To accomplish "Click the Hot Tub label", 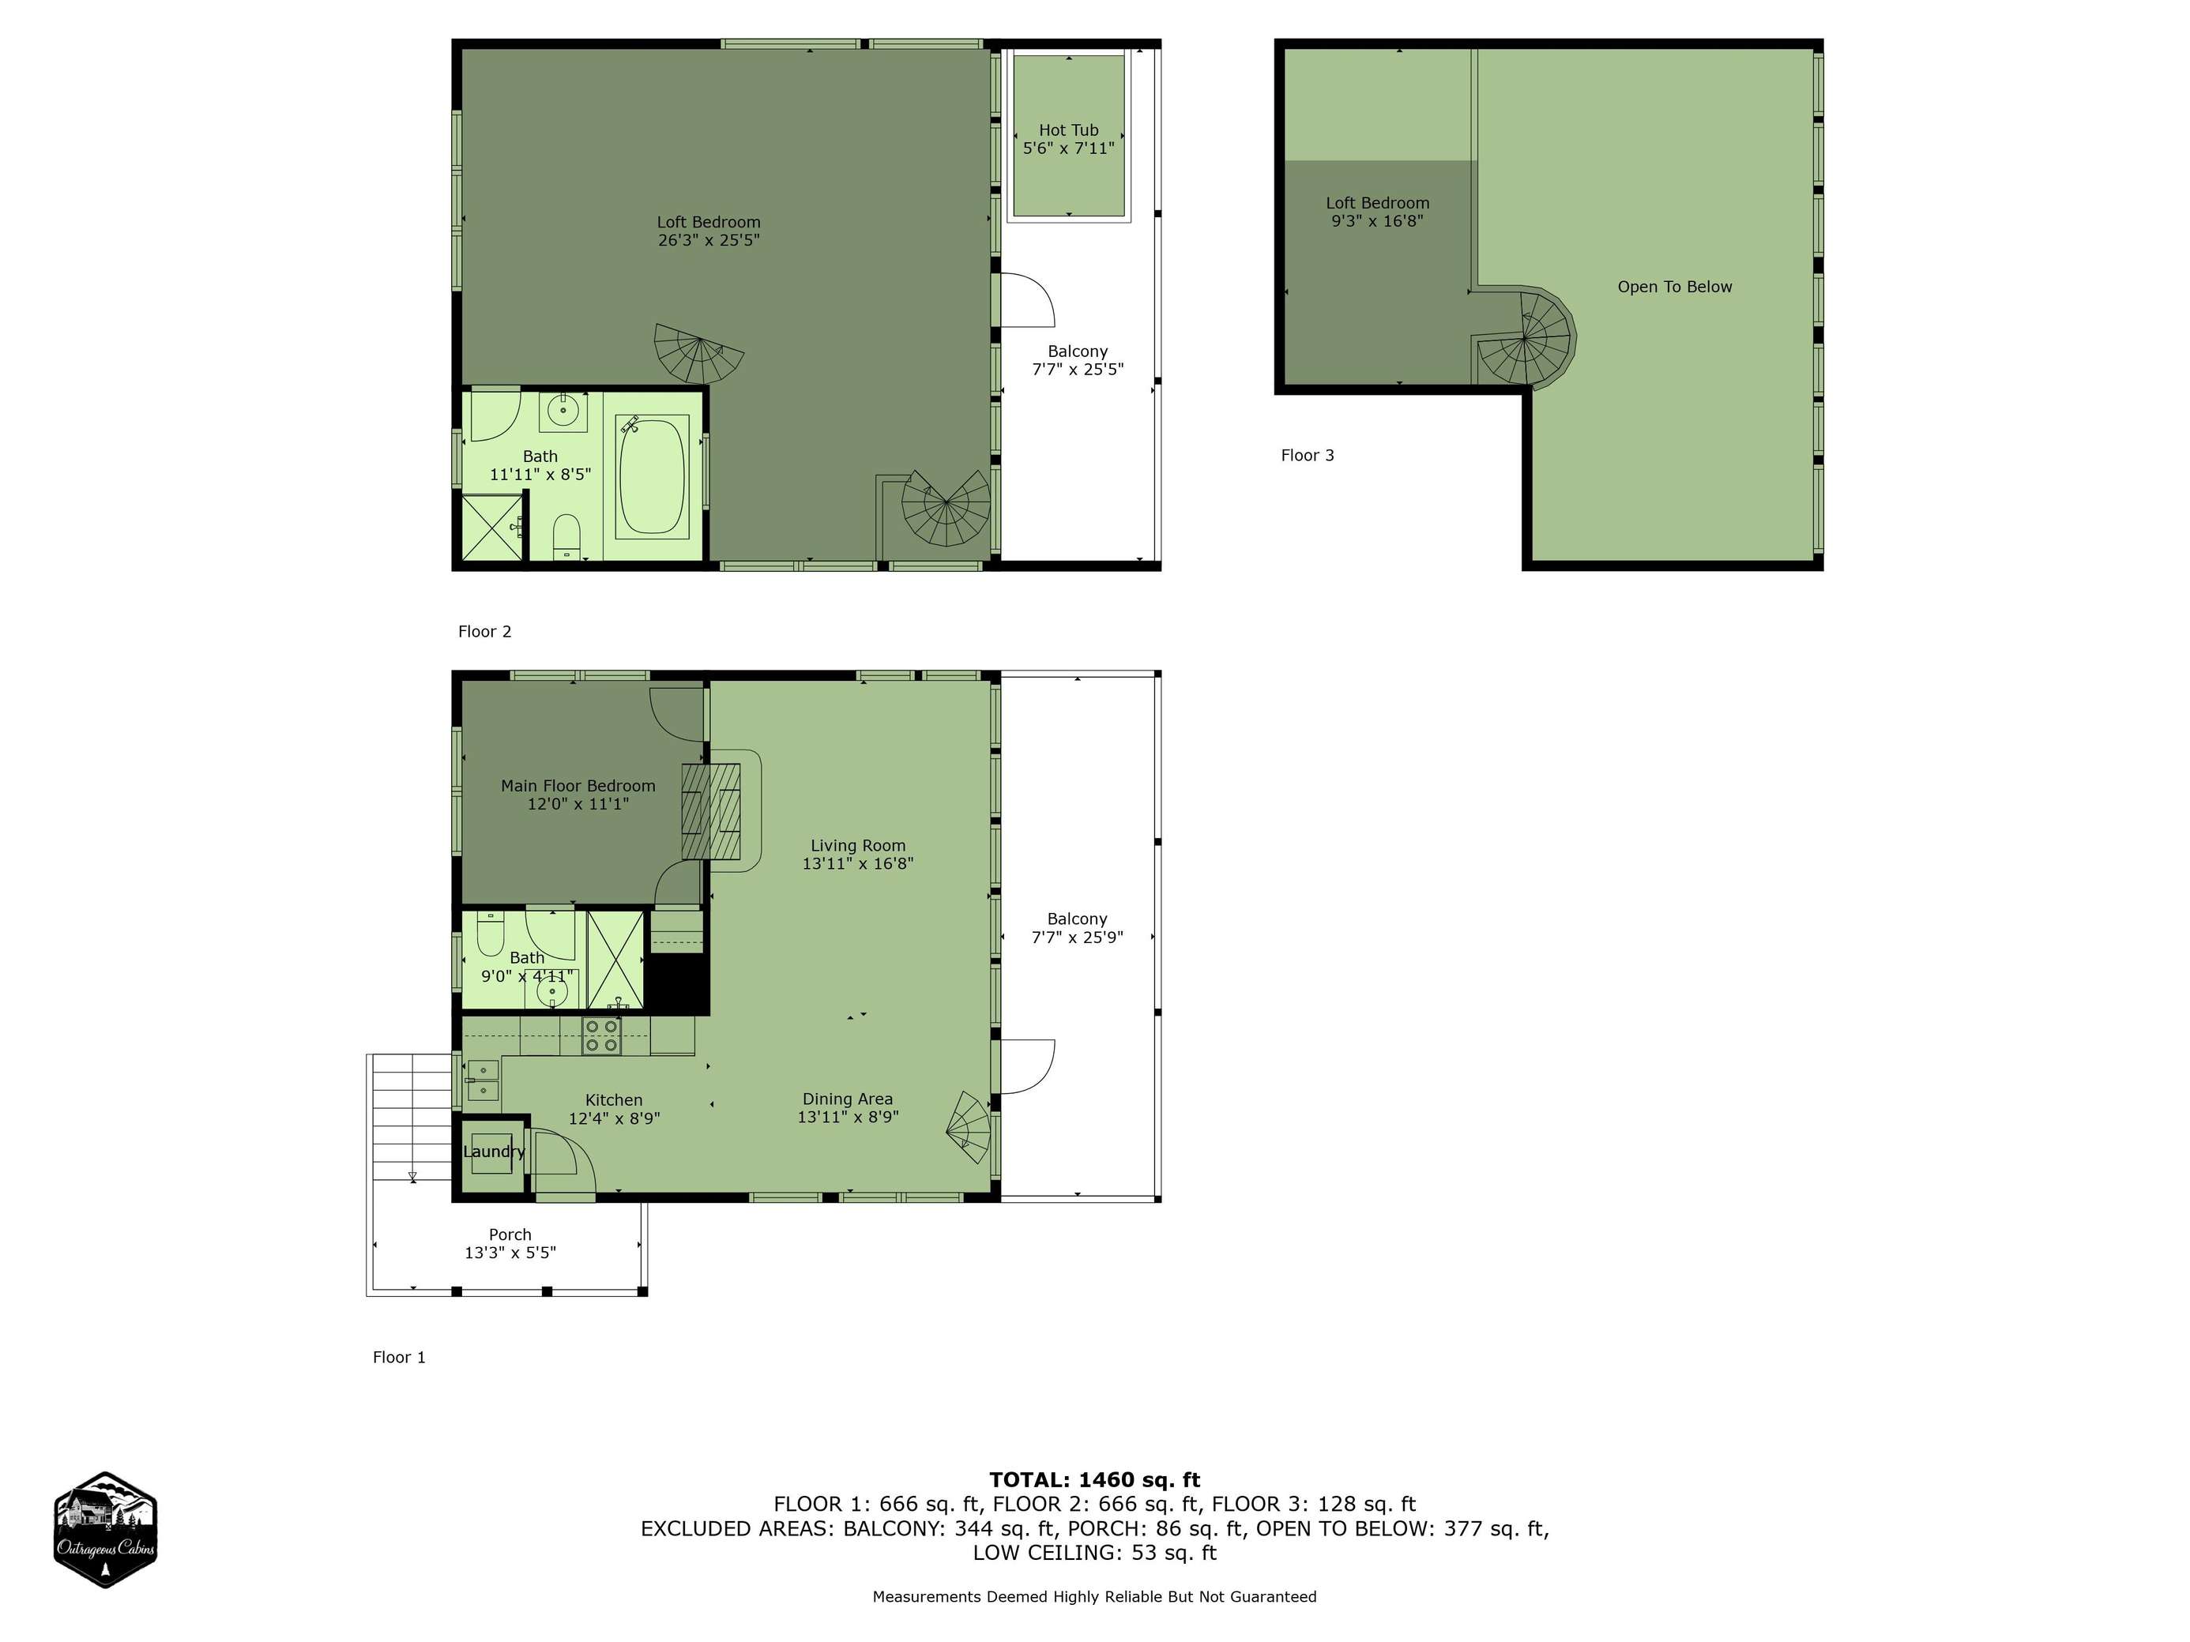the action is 1068,130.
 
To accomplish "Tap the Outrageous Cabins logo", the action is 105,1529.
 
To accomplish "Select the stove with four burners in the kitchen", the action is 601,1035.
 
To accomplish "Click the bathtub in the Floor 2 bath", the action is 652,477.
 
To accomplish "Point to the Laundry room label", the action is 494,1151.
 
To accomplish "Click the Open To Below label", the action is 1674,287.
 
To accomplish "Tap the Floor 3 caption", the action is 1307,455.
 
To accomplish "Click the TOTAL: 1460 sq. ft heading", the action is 1094,1479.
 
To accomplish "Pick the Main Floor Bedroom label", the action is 578,786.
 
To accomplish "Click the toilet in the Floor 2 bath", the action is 566,535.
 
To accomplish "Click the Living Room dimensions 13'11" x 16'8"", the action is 857,863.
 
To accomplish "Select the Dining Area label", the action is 848,1099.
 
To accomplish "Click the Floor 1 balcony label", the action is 1077,919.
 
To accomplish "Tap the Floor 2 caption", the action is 484,632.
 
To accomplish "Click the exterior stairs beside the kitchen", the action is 410,1118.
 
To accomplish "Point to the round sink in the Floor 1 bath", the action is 551,990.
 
